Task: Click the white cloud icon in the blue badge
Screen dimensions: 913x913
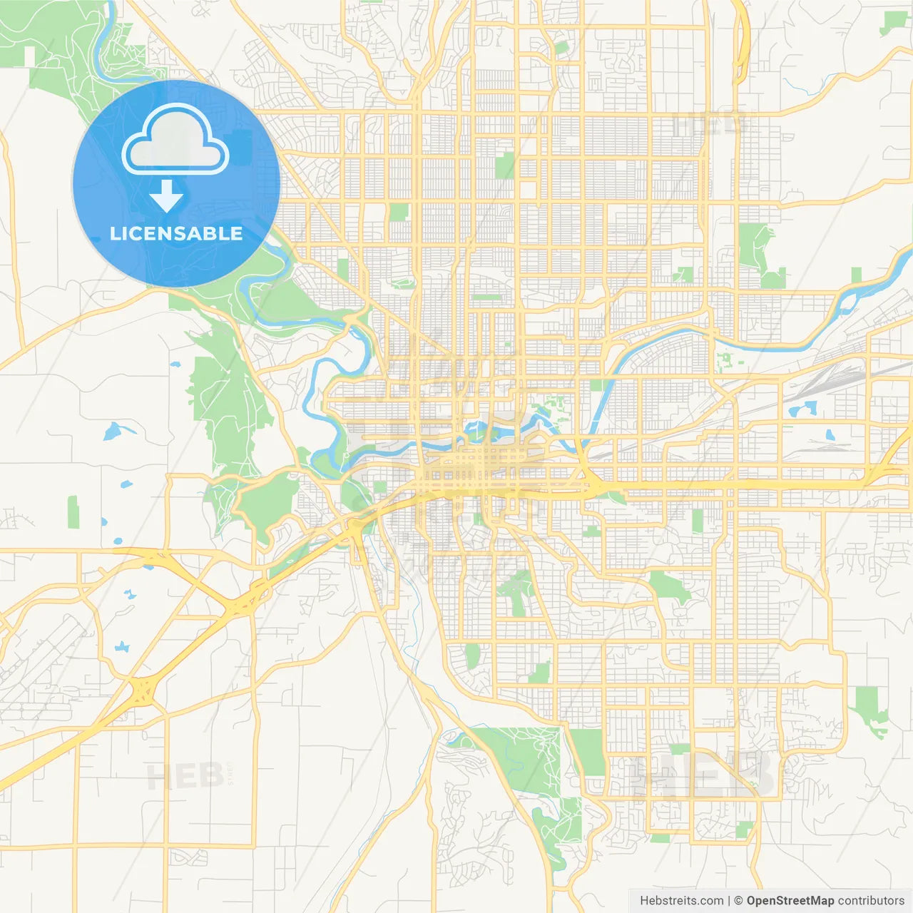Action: (x=175, y=139)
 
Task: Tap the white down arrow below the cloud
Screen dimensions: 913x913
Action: (x=167, y=196)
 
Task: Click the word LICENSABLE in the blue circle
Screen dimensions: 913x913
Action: (x=176, y=233)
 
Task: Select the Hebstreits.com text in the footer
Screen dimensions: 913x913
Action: (x=681, y=901)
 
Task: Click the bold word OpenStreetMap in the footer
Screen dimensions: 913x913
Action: (x=790, y=901)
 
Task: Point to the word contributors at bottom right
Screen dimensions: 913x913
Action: (x=871, y=901)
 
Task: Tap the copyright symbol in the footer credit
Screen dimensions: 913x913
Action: (x=739, y=901)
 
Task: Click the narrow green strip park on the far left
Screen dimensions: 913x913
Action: (x=73, y=512)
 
